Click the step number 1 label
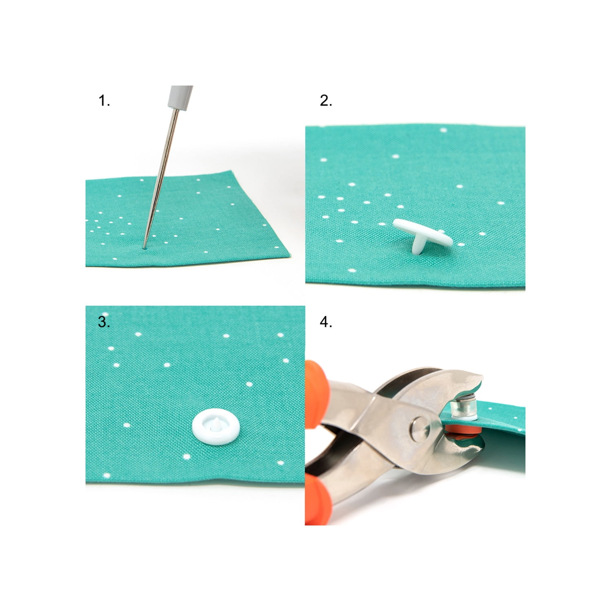click(x=104, y=101)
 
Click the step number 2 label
click(x=326, y=101)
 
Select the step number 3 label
click(x=104, y=322)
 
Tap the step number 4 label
click(x=326, y=322)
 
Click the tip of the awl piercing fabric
click(x=145, y=246)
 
